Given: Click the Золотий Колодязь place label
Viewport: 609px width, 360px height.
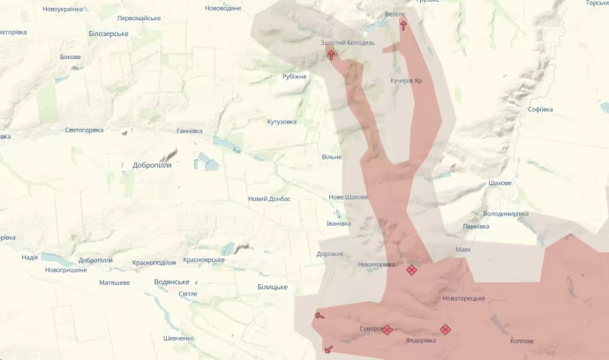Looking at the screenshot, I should coord(348,42).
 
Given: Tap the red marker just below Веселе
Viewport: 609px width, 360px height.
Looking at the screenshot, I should coord(404,26).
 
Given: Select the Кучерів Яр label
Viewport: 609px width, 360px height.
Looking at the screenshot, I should coord(407,80).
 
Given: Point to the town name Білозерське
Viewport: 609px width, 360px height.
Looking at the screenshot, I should coord(109,34).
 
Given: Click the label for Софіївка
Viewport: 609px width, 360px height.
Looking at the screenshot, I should coord(539,109).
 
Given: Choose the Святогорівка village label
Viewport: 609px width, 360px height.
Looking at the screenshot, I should coord(84,130).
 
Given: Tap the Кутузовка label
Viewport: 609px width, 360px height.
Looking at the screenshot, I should coord(282,122).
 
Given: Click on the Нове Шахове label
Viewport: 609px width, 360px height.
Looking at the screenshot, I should coord(349,197).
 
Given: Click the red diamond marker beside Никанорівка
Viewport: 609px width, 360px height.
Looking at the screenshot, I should coord(411,270).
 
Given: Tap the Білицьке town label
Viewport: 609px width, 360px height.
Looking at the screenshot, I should coord(272,287).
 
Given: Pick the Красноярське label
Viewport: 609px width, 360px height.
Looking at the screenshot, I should coord(203,259).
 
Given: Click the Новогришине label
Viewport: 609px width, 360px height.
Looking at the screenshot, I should coord(66,269).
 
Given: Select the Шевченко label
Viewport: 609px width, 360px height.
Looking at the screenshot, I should coord(178,338).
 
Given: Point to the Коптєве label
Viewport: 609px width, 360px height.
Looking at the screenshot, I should coord(522,341).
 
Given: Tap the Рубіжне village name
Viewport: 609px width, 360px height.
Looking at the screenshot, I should coord(294,76).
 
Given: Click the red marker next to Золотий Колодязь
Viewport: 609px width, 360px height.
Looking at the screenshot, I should coord(332,55).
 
